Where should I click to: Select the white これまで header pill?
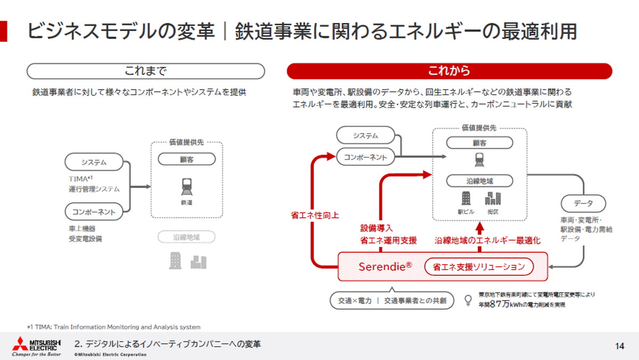(145, 71)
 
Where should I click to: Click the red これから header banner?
(449, 71)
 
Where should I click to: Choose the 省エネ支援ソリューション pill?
(479, 266)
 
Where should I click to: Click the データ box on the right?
(583, 203)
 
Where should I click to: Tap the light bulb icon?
(468, 300)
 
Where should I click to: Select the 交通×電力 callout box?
(391, 300)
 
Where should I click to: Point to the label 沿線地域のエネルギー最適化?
(487, 240)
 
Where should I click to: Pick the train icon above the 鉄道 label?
(186, 186)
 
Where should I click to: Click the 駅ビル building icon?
(465, 199)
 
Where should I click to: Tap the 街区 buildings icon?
(493, 199)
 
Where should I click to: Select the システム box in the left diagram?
(94, 162)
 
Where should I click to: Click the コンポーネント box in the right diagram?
(365, 157)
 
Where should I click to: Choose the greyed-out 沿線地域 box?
(186, 236)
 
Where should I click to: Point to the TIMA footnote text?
(114, 327)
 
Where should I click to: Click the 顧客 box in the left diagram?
(186, 159)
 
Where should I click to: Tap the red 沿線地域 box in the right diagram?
(479, 181)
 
